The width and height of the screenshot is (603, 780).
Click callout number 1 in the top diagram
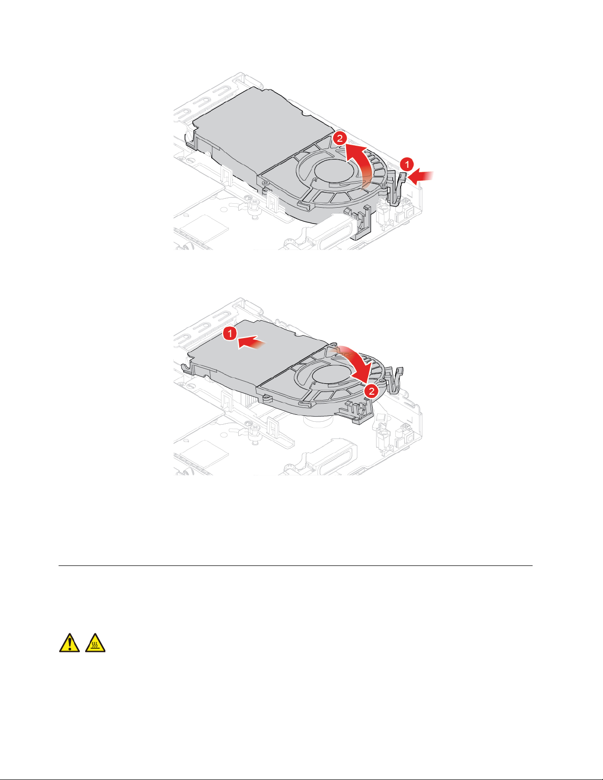coord(407,165)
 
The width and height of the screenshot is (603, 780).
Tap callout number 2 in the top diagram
coord(340,138)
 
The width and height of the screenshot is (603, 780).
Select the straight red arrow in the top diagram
coord(421,177)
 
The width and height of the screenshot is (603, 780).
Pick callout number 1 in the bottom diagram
coord(230,333)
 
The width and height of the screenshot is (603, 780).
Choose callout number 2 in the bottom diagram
coord(372,391)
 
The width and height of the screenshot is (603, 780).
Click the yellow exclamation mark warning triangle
coord(69,643)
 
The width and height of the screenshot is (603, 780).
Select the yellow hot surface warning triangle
coord(95,643)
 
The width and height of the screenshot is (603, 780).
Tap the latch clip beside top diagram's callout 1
coord(397,188)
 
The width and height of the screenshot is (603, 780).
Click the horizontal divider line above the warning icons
coord(295,566)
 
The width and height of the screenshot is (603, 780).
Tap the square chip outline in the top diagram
coord(204,230)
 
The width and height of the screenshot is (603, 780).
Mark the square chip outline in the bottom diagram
coord(204,455)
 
